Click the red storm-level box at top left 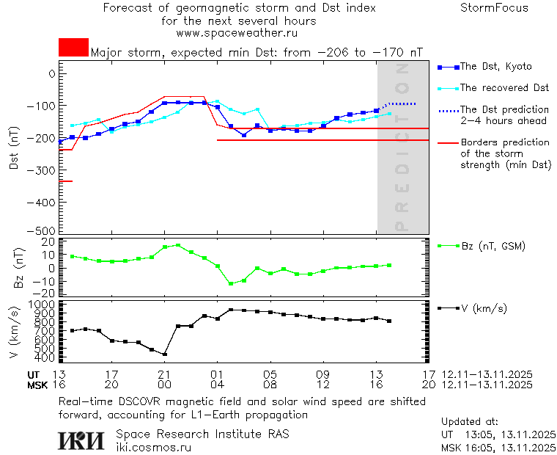point(73,47)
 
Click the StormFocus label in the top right point(494,8)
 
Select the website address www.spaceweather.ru point(237,33)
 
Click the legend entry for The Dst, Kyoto point(495,67)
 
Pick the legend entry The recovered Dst point(504,88)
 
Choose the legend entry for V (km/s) point(483,308)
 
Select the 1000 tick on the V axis point(41,304)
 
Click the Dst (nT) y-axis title point(14,150)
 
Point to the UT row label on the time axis point(34,374)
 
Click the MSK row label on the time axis point(37,385)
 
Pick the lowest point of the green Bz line point(231,283)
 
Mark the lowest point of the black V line point(165,354)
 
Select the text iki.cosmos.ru point(153,447)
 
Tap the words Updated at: point(470,422)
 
